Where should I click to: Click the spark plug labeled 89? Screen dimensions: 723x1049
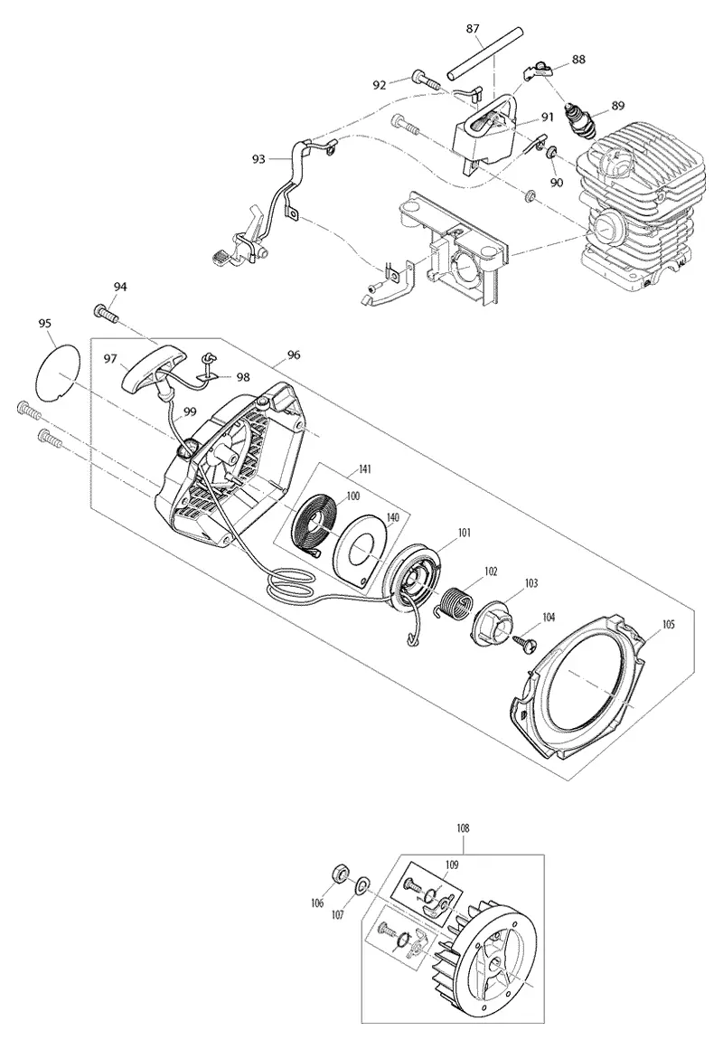(x=579, y=120)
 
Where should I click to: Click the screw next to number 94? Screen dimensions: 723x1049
(x=106, y=312)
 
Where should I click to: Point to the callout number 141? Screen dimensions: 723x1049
(x=364, y=469)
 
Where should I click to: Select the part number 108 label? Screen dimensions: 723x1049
(x=462, y=828)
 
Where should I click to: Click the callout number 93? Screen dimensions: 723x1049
(x=258, y=158)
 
